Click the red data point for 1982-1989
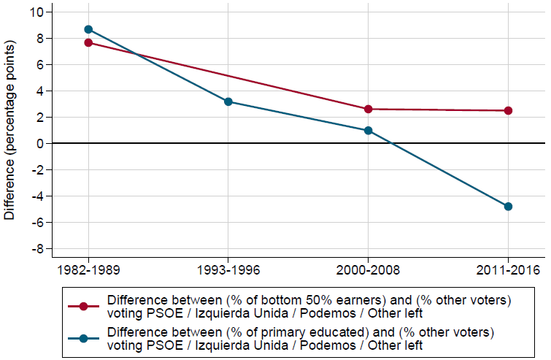88,42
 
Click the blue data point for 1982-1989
88,29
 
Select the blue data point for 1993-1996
228,102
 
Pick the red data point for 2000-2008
369,109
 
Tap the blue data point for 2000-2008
369,131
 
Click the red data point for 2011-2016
509,110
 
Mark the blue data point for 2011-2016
509,207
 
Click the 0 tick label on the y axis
40,144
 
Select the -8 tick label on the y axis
38,249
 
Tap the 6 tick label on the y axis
40,65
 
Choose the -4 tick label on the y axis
38,196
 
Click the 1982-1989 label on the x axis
88,269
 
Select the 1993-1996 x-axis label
228,269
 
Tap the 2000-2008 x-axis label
369,269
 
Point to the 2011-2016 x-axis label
509,269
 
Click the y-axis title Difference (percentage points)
9,131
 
